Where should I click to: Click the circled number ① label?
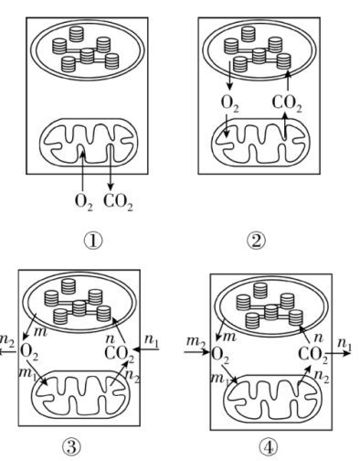(x=93, y=241)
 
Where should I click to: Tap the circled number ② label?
(x=256, y=241)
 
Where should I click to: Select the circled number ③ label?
(x=72, y=447)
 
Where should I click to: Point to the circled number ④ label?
(x=269, y=448)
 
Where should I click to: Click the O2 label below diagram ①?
(x=84, y=202)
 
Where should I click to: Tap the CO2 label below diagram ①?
(x=118, y=202)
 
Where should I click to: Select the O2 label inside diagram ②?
(x=230, y=103)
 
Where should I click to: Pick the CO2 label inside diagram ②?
(x=287, y=103)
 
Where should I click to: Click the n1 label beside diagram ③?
(x=152, y=340)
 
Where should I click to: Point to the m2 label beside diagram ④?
(x=196, y=341)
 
